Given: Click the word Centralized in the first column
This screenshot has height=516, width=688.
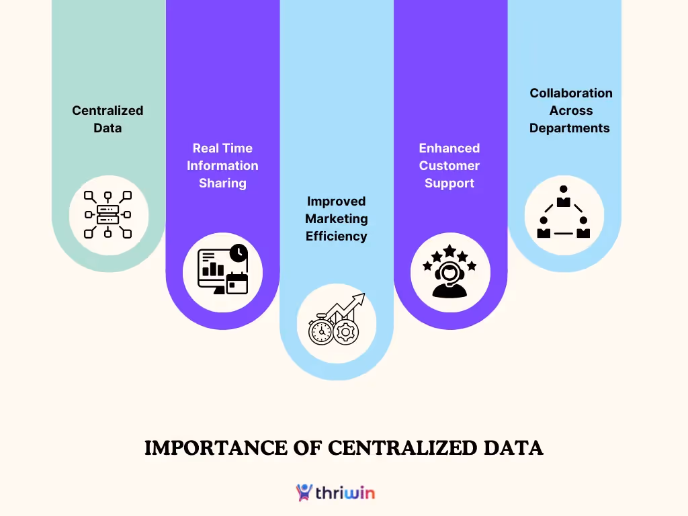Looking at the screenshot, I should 107,110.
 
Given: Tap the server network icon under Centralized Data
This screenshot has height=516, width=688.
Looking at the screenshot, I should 107,215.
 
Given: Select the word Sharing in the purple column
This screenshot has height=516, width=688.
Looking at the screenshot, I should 222,183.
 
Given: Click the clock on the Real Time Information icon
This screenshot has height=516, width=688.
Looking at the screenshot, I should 238,253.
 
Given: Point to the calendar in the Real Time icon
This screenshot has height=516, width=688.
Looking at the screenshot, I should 237,282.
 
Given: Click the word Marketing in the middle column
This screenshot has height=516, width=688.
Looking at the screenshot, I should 337,218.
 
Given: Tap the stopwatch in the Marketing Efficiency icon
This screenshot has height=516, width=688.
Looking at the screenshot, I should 320,331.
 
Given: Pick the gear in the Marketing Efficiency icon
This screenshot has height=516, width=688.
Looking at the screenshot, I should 346,331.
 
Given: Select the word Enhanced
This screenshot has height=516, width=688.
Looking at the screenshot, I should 449,148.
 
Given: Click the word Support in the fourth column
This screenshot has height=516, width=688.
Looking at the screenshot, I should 449,183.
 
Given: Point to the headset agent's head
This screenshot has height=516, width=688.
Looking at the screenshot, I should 449,272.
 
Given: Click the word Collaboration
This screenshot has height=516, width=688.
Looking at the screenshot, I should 571,93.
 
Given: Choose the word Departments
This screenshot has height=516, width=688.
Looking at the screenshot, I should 570,128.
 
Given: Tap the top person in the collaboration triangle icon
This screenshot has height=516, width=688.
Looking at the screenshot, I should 564,197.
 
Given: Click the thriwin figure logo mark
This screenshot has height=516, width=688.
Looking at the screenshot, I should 304,492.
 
